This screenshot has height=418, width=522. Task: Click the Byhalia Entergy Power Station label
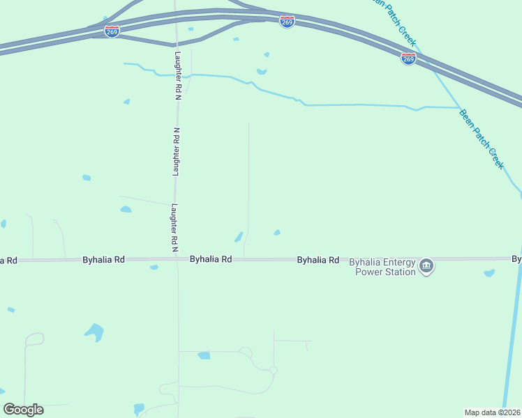382,268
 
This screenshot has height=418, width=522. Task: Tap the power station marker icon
426,265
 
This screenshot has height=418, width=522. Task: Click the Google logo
23,410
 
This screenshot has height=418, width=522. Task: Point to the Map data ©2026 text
493,412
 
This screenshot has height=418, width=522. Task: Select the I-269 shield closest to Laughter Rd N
112,31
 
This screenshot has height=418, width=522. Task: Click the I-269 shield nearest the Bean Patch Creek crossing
408,59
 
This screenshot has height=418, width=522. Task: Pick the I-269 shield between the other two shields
287,22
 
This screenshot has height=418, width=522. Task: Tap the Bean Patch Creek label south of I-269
482,139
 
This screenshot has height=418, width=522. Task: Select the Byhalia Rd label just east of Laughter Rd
211,259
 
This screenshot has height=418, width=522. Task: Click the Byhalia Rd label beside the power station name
318,260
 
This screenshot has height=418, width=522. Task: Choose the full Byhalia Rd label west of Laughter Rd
103,259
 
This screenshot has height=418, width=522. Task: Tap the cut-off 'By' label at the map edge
516,259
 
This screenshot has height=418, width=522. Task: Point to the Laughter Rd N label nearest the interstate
178,74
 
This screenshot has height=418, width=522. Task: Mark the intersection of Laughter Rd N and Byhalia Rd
177,259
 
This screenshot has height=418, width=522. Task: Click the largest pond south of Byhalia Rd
94,331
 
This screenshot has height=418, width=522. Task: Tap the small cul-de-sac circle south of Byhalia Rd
274,370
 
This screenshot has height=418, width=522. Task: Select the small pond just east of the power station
489,273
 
